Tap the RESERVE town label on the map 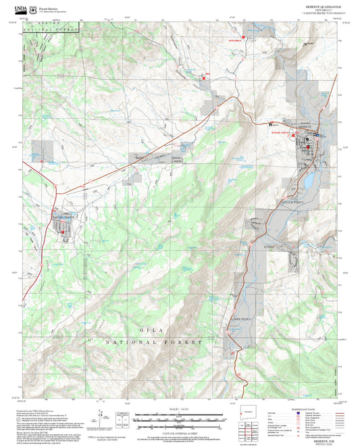point(305,126)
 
